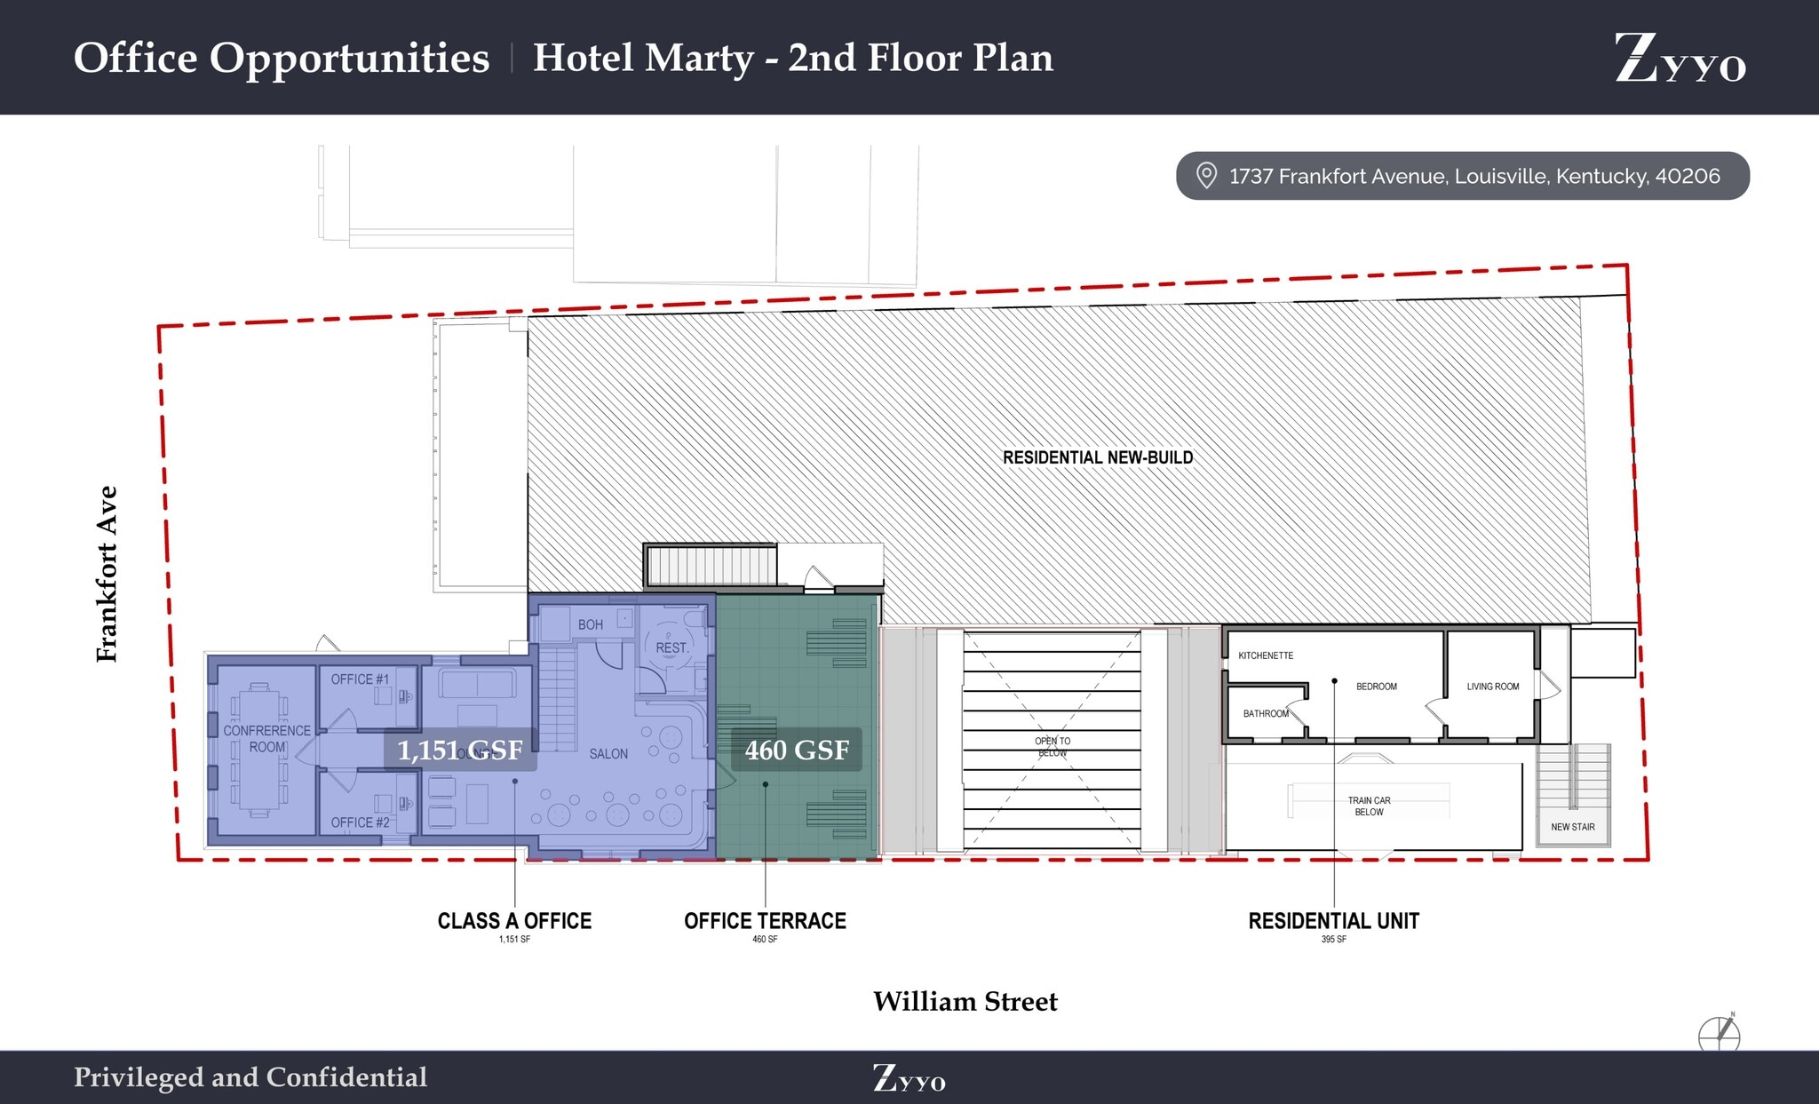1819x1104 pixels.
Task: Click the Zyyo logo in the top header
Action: pos(1680,58)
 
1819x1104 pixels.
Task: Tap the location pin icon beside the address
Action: pos(1205,175)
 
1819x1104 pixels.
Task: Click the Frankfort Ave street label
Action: pos(107,574)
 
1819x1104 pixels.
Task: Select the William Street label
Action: pos(965,1001)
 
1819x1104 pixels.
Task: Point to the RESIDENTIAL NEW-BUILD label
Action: pos(1098,457)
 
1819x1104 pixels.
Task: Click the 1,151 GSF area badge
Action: pos(459,750)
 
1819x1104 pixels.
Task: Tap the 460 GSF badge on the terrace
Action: pos(796,750)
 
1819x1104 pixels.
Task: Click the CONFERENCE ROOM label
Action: pos(266,738)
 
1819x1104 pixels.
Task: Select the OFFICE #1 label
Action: pos(360,679)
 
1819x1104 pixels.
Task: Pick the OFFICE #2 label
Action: pos(360,822)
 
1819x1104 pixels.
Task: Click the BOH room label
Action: pos(590,624)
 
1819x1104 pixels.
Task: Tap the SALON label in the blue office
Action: pos(608,753)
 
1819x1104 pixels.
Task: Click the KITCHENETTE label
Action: pos(1266,655)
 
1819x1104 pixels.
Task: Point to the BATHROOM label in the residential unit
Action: pos(1265,713)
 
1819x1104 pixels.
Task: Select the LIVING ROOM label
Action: pos(1492,687)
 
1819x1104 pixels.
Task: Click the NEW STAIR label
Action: pos(1572,827)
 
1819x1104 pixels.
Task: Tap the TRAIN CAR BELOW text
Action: pos(1369,806)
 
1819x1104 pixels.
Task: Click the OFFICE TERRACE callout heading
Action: pos(765,921)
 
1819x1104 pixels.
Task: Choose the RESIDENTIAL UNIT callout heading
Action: pos(1333,921)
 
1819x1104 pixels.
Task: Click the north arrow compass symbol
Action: pos(1720,1035)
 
